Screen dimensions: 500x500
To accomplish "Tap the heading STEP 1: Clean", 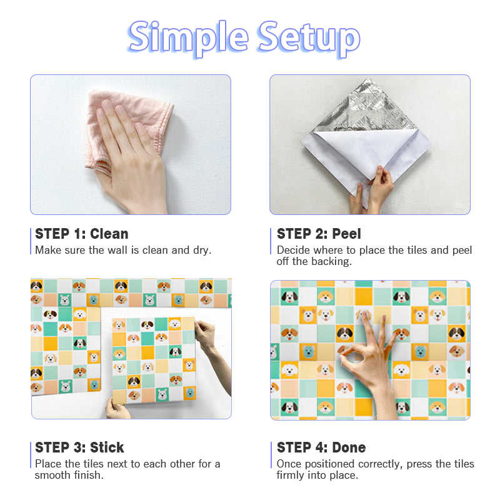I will click(81, 234).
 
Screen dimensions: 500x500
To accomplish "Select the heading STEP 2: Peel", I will click(319, 234).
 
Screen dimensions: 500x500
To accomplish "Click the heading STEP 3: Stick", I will click(79, 447).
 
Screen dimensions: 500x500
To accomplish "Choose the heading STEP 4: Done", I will click(321, 447).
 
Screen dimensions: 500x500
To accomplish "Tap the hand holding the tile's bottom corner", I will click(117, 409).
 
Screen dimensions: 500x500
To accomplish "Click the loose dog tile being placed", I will click(154, 359).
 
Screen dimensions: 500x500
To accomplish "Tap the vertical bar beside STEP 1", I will click(31, 241).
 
